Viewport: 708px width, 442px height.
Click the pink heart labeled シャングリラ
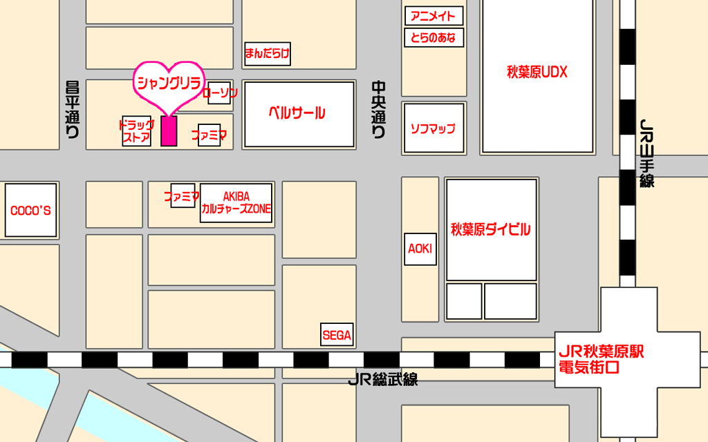[x=169, y=84]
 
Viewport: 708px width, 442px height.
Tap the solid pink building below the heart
[x=169, y=131]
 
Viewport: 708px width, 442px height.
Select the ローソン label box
[x=219, y=92]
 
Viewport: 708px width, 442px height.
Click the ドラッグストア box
[x=136, y=131]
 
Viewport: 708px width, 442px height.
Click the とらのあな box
[x=433, y=37]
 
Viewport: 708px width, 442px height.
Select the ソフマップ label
[x=433, y=128]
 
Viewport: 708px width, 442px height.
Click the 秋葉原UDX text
[x=537, y=73]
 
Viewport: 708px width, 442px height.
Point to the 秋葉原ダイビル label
[x=491, y=230]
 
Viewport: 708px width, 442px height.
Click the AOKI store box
[x=420, y=249]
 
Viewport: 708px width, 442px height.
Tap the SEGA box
[x=337, y=336]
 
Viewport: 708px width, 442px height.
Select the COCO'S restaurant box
[x=30, y=211]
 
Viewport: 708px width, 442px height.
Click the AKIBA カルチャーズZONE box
[x=236, y=202]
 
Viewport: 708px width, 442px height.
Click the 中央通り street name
[x=378, y=110]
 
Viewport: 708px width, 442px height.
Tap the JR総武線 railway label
[x=382, y=380]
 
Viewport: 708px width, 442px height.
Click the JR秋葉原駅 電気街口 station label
[x=601, y=360]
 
